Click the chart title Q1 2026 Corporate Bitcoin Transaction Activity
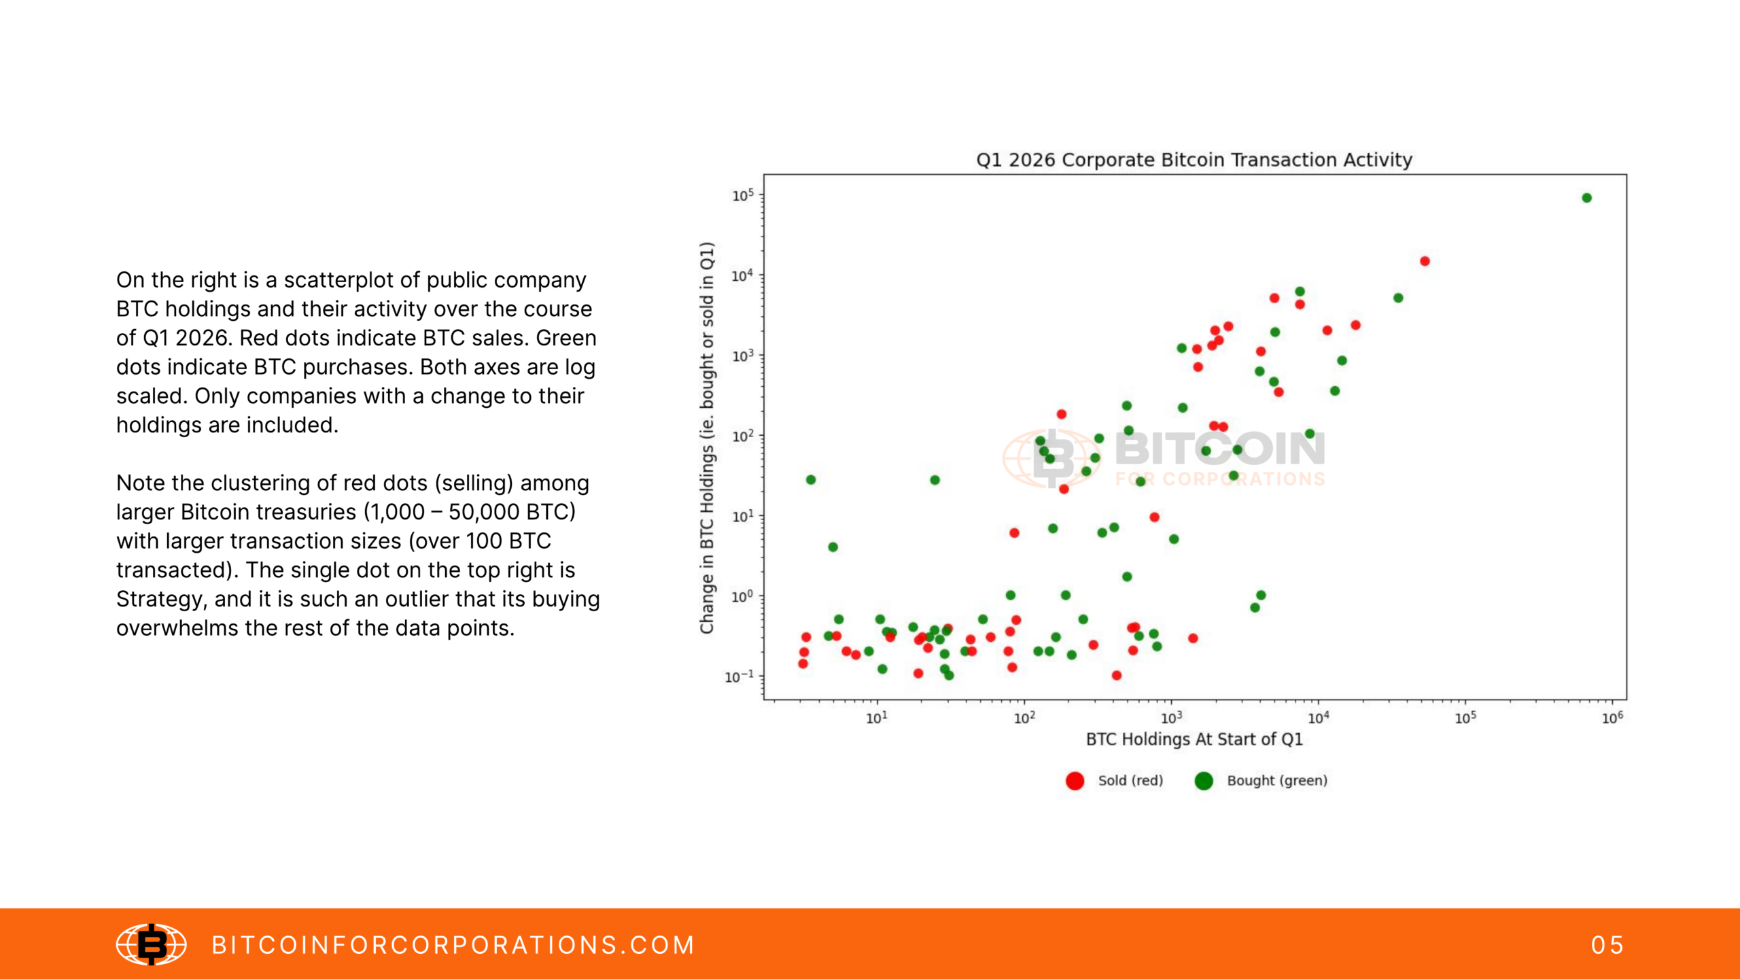[x=1194, y=160]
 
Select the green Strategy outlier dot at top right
[x=1586, y=198]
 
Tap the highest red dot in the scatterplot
[x=1425, y=261]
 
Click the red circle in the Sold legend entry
[x=1075, y=780]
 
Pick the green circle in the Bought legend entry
[x=1204, y=780]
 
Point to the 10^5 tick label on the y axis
[x=743, y=196]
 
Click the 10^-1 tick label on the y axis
[x=739, y=676]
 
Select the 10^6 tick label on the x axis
[x=1612, y=718]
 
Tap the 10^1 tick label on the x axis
[x=877, y=718]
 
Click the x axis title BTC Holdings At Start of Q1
[x=1194, y=739]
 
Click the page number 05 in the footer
[x=1607, y=945]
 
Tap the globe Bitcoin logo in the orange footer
[x=151, y=944]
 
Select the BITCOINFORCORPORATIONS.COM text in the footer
[x=453, y=945]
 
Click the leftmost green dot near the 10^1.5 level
[x=810, y=479]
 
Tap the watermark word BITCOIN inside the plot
[x=1219, y=449]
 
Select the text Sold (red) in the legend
[x=1130, y=780]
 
